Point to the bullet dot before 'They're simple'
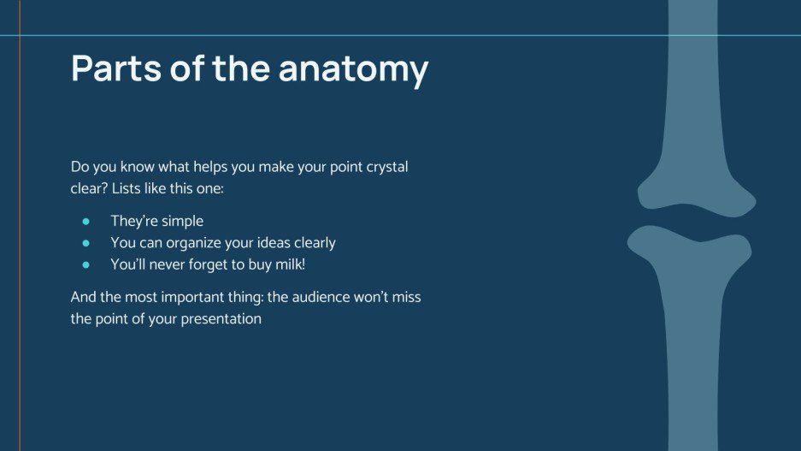click(x=85, y=222)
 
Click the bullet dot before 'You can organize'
click(x=85, y=243)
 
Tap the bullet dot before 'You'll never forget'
click(x=85, y=265)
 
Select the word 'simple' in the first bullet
click(x=180, y=222)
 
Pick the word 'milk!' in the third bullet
click(x=288, y=265)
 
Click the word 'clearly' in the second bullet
click(x=311, y=243)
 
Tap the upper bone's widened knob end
click(x=694, y=188)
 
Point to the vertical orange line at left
click(x=19, y=257)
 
